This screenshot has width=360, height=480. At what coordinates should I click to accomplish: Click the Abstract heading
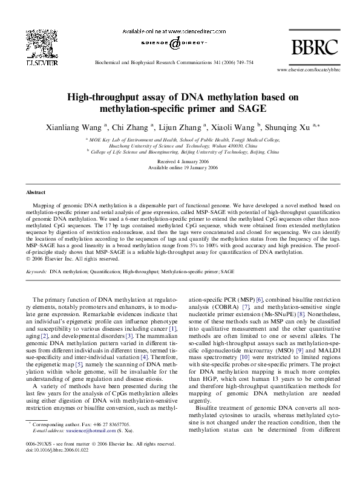36,193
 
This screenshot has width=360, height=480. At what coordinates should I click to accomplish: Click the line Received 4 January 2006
180,163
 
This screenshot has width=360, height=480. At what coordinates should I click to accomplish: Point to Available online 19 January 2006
180,169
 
